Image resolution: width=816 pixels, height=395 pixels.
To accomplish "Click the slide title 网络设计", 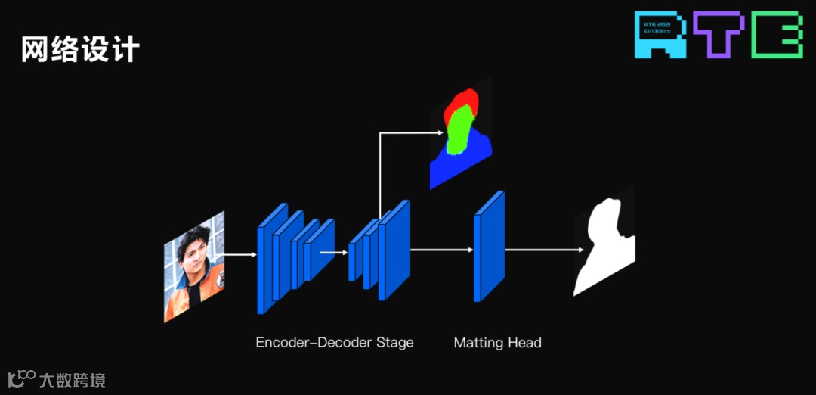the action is pos(80,49).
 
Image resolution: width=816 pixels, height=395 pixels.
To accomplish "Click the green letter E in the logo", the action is pos(777,35).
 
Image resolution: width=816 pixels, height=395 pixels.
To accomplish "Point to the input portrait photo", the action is pos(194,267).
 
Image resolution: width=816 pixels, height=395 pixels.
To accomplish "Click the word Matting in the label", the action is pos(478,343).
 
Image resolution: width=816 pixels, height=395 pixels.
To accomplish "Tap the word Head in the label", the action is pos(524,343).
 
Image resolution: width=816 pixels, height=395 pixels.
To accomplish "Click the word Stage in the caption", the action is pos(395,343).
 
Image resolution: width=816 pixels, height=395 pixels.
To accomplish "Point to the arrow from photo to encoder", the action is pos(241,255).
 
